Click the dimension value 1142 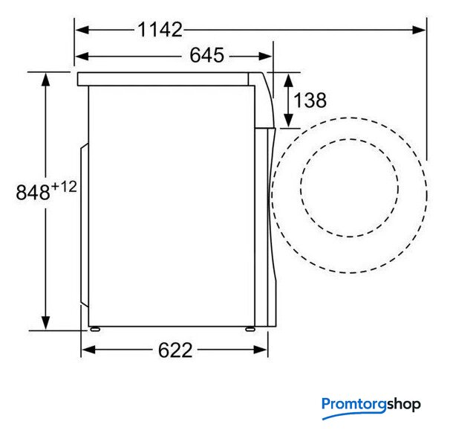pyautogui.click(x=160, y=30)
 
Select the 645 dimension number pyautogui.click(x=207, y=55)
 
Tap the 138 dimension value pyautogui.click(x=310, y=100)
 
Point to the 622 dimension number pyautogui.click(x=175, y=350)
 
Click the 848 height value pyautogui.click(x=33, y=192)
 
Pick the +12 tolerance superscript pyautogui.click(x=64, y=187)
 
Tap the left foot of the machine pyautogui.click(x=95, y=329)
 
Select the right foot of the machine pyautogui.click(x=250, y=329)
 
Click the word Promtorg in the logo pyautogui.click(x=354, y=404)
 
